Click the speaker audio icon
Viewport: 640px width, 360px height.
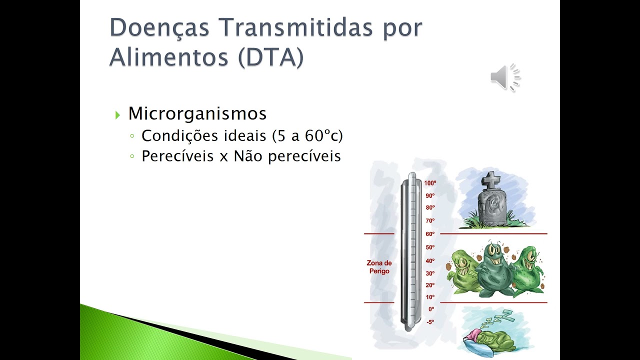505,77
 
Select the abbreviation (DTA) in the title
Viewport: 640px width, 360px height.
270,57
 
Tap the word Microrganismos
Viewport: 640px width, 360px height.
197,113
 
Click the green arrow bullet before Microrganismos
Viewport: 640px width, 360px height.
117,115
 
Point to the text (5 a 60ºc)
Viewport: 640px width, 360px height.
307,135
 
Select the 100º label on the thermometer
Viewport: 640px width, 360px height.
430,183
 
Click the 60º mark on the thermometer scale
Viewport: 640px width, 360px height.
430,234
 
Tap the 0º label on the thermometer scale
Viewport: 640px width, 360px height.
431,309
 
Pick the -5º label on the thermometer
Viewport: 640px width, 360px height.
430,322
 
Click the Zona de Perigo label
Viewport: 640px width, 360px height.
379,267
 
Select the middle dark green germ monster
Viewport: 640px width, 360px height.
494,270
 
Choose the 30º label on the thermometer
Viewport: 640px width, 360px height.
430,273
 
